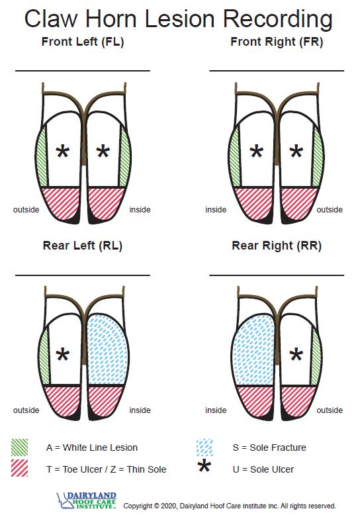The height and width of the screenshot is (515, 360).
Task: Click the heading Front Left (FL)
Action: (x=82, y=42)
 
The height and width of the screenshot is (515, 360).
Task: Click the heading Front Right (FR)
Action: (x=276, y=42)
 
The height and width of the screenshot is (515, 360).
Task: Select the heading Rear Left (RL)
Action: (x=82, y=246)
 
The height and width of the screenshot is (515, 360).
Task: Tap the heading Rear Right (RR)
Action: (x=277, y=246)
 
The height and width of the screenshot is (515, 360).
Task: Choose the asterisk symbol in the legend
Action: (x=205, y=469)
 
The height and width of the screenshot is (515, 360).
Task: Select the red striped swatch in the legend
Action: (x=20, y=468)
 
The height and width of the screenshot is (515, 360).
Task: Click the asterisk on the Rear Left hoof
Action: (x=62, y=355)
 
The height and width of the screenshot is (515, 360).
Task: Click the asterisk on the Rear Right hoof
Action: (x=296, y=355)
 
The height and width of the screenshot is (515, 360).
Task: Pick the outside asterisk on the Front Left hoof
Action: (x=63, y=152)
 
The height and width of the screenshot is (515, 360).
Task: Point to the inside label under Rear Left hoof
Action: (x=140, y=410)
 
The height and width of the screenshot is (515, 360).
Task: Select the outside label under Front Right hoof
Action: (x=330, y=210)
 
